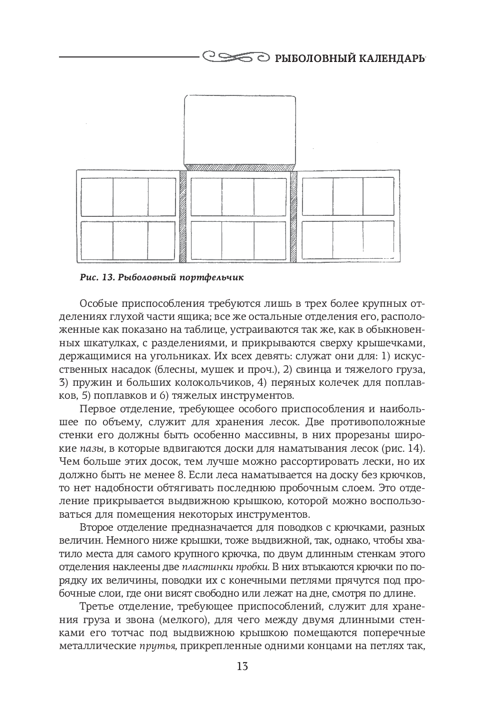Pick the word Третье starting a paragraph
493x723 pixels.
(x=97, y=608)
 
